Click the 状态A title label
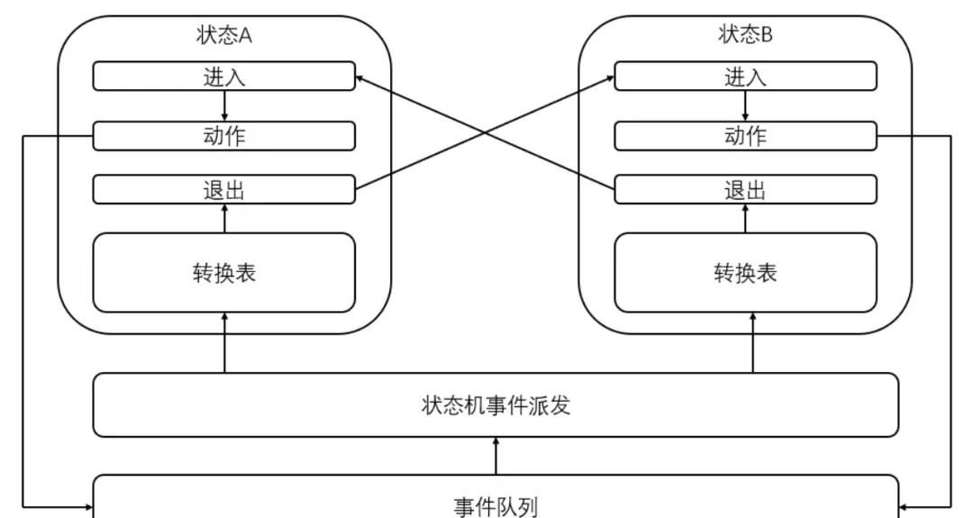coord(223,35)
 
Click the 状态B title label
coord(745,35)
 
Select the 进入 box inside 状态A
coord(224,77)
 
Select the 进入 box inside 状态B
coord(745,77)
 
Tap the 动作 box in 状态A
coord(224,136)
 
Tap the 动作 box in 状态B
coord(745,136)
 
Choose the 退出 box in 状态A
coord(224,190)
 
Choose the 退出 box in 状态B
coord(745,190)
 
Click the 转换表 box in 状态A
coord(224,273)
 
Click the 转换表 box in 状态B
coord(745,273)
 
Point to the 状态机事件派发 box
coord(496,405)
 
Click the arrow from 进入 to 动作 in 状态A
coord(224,106)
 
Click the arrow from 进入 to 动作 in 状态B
coord(745,106)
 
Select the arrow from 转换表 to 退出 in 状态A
coord(224,219)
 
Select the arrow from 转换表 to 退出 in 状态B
coord(745,219)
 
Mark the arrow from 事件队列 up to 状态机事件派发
coord(496,456)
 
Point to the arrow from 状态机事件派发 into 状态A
coord(224,343)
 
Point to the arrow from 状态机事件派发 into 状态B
coord(753,343)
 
